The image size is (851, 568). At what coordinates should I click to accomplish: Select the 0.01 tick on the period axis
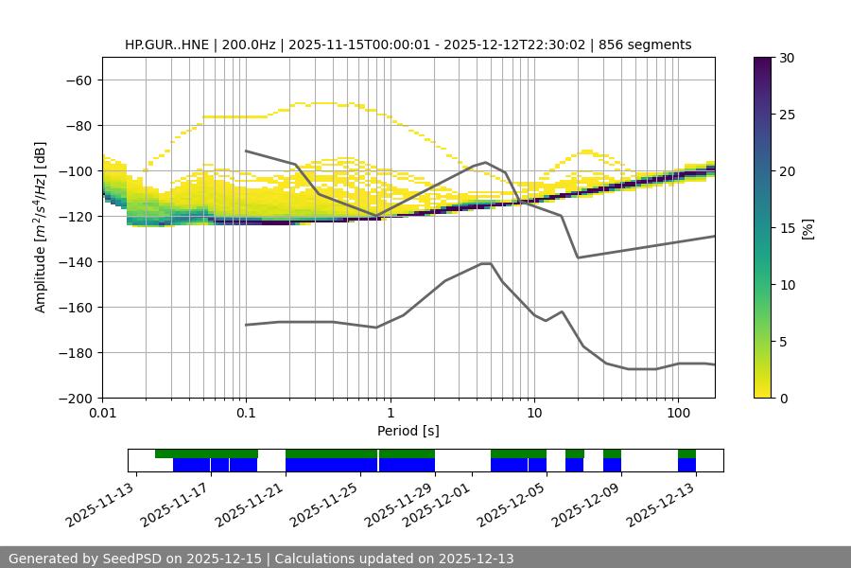click(x=102, y=414)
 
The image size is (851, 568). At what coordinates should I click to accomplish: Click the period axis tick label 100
click(x=678, y=414)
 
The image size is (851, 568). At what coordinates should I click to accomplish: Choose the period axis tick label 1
click(x=390, y=414)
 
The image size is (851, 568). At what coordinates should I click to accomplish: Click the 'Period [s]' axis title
click(x=408, y=431)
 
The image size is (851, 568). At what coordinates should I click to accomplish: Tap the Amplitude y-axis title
click(x=41, y=227)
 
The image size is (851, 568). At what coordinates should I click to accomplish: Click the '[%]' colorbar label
click(x=808, y=227)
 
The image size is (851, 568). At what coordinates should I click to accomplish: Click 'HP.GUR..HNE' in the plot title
click(x=165, y=44)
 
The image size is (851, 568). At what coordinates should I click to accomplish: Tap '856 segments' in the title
click(x=648, y=44)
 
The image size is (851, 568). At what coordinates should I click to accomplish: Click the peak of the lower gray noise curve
click(x=486, y=263)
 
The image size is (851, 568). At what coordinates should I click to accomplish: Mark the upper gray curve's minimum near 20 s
click(x=578, y=257)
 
